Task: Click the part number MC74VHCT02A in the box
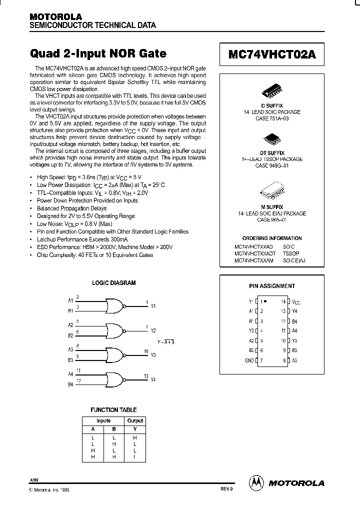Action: coord(272,54)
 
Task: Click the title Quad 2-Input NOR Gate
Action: coord(98,53)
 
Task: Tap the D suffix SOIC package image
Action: coord(272,91)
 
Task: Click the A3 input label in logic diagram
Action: coord(70,349)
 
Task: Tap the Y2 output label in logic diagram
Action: coord(153,331)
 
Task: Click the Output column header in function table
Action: coord(135,421)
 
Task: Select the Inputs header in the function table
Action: coord(103,421)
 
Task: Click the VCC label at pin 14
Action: coord(296,302)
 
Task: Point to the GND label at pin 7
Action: coord(250,360)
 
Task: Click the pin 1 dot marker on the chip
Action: coord(265,301)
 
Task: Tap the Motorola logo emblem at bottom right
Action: coord(256,482)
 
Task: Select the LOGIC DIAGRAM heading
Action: coord(113,283)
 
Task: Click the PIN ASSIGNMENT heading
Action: coord(272,286)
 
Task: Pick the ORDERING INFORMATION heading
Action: coord(272,238)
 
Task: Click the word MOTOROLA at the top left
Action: coord(55,16)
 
